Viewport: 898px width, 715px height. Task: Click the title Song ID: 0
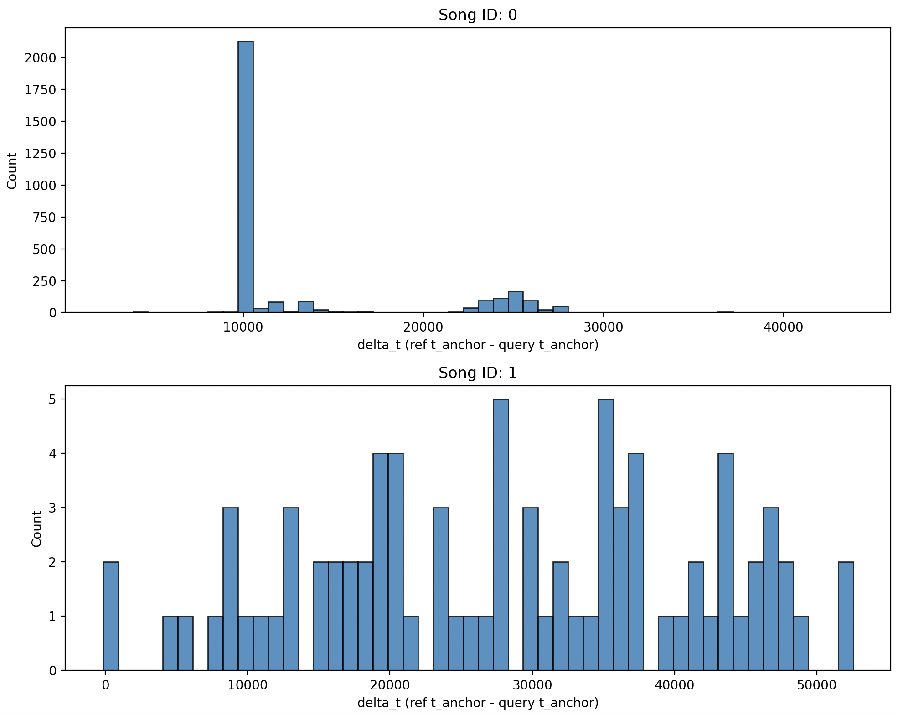(477, 15)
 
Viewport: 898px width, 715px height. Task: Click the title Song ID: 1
(477, 373)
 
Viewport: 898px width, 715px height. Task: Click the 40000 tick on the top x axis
(783, 328)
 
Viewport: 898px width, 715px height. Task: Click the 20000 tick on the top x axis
(423, 328)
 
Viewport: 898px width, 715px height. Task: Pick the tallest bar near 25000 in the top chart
(516, 302)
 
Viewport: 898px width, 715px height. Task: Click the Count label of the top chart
(12, 171)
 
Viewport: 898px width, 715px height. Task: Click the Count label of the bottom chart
(36, 528)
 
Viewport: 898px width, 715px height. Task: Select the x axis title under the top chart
(477, 345)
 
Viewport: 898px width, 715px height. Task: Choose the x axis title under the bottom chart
(477, 703)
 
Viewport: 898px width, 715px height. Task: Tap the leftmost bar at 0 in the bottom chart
(111, 616)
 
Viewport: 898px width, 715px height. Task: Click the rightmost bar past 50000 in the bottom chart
(846, 616)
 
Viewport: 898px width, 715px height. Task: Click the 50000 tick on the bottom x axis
(816, 685)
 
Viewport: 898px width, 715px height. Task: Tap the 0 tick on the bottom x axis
(105, 685)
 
